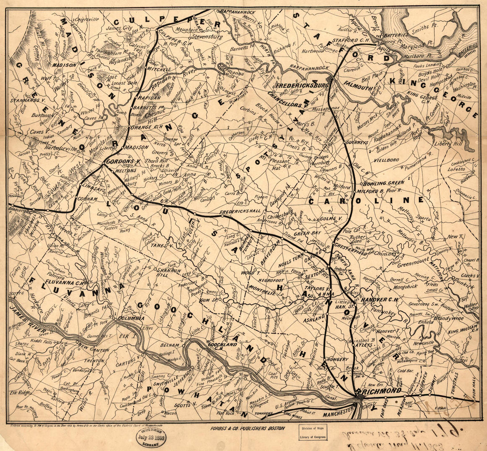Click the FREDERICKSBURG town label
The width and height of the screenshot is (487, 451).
(x=301, y=84)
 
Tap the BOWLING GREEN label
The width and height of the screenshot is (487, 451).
(x=383, y=183)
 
